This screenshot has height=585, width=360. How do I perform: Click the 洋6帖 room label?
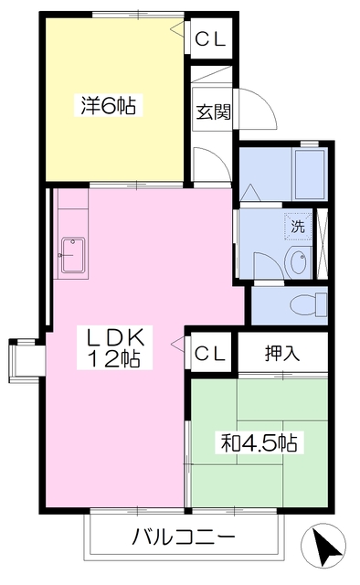[108, 106]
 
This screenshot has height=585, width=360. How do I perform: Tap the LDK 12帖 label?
[114, 347]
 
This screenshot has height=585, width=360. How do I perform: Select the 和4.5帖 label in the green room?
[259, 442]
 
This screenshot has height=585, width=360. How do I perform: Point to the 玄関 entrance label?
[214, 112]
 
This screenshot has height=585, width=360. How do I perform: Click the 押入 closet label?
[282, 353]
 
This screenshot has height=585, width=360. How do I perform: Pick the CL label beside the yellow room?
[211, 38]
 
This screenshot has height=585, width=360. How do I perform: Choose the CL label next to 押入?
[210, 353]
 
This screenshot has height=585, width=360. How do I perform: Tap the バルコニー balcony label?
[184, 537]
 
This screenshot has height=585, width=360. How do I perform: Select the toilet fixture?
[308, 304]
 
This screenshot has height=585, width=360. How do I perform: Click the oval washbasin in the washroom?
[298, 261]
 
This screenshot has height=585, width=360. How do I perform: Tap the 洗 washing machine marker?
[298, 226]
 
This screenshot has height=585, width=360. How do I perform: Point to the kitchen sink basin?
[73, 255]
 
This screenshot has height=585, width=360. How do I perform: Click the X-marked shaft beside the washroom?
[322, 244]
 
